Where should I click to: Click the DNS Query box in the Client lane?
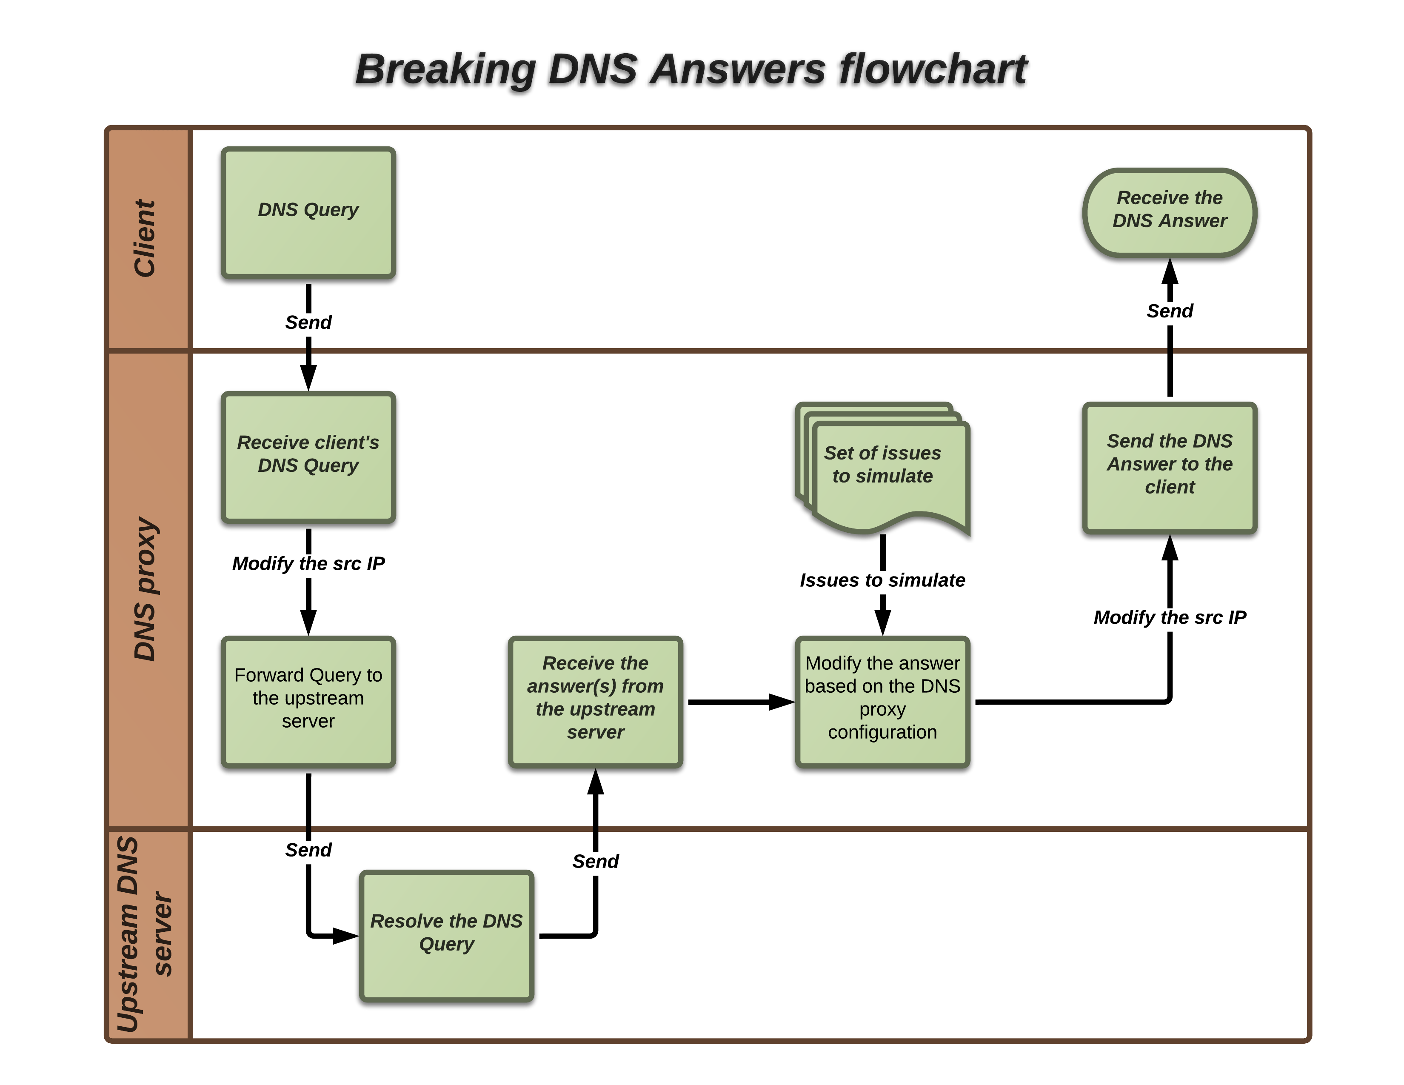[x=308, y=213]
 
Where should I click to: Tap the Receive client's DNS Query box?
[x=308, y=457]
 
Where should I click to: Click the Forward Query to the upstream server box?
[x=308, y=701]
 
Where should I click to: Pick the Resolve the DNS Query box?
[x=446, y=935]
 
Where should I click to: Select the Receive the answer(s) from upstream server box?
[x=595, y=701]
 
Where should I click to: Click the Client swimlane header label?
[x=145, y=238]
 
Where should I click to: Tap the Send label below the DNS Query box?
[x=308, y=322]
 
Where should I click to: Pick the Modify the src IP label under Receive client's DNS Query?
[x=308, y=564]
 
